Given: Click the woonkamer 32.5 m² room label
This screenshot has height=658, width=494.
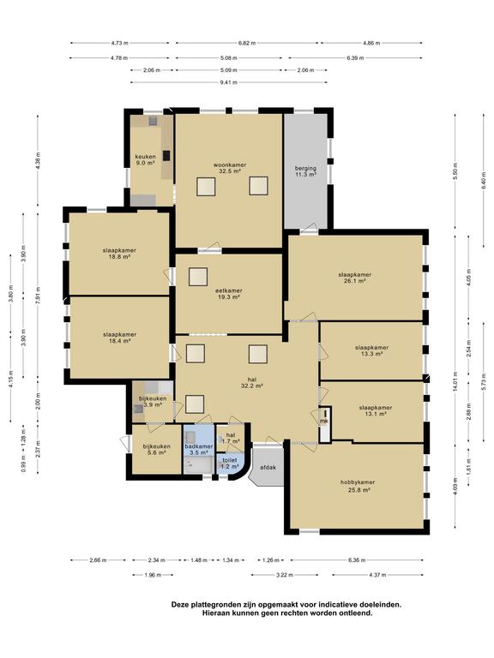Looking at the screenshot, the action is (230, 168).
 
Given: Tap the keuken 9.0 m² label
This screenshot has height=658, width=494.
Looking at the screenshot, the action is (146, 160).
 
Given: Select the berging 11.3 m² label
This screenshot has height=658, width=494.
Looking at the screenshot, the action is (305, 171).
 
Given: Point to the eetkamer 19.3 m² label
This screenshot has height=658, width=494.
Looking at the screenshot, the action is (229, 294).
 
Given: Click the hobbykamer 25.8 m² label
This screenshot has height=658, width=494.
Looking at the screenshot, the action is (358, 486).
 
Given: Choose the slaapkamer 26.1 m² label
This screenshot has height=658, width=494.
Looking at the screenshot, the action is (355, 278).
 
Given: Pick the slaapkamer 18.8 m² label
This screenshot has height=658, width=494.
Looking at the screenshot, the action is (119, 254).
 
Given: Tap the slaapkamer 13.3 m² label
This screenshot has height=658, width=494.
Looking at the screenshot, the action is (371, 350).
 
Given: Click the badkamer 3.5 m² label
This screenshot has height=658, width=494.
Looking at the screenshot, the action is (199, 450).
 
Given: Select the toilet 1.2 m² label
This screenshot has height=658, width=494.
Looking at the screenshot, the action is (229, 464).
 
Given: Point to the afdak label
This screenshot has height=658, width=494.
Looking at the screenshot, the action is (268, 468).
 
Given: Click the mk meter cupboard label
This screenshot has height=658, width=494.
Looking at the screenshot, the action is (324, 421).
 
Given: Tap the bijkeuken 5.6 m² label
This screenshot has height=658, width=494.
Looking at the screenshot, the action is (157, 450).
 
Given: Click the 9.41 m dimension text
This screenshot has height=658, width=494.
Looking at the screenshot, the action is (228, 82).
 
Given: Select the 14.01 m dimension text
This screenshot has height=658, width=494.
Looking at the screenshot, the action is (455, 381).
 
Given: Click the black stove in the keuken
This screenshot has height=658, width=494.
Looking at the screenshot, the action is (166, 156).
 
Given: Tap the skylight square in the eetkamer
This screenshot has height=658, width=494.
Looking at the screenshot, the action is (198, 277).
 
